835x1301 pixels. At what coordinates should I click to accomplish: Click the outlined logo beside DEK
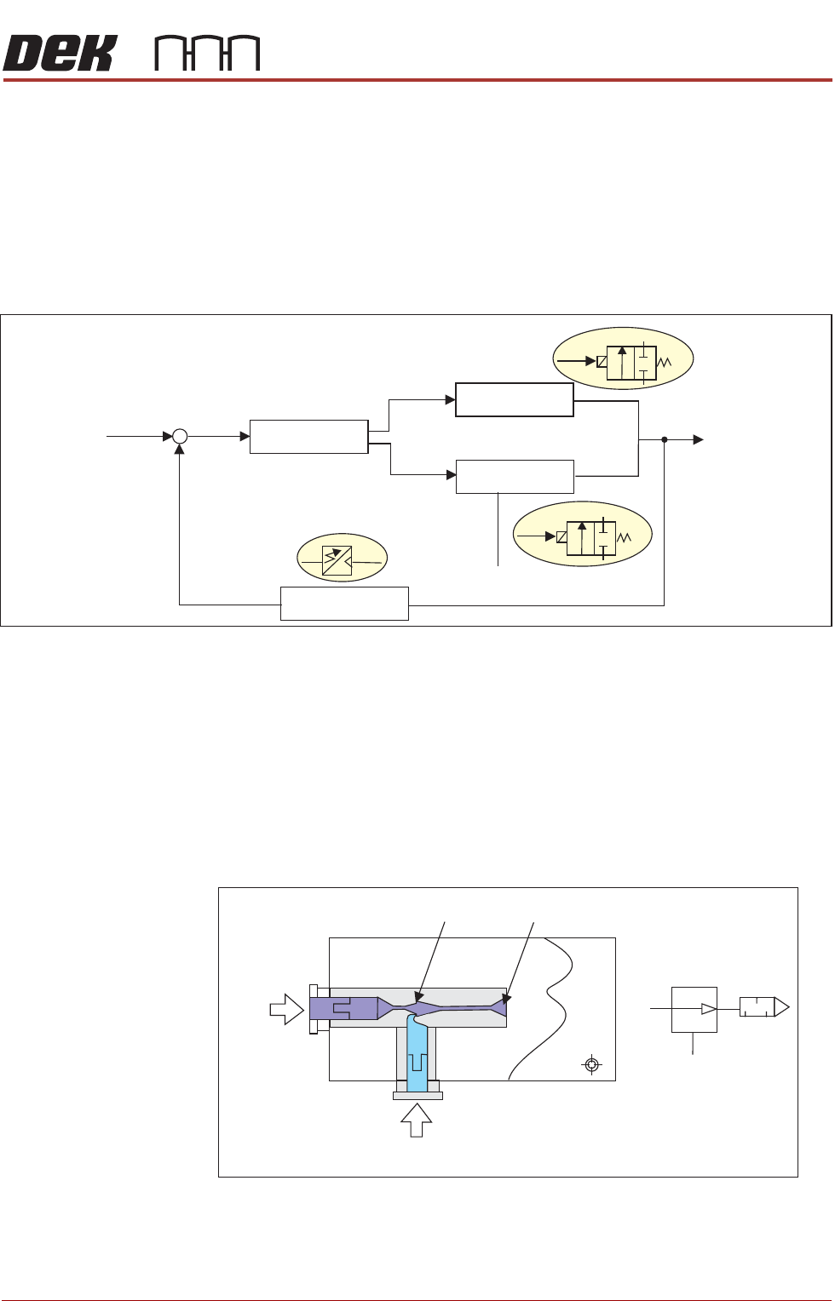tap(207, 54)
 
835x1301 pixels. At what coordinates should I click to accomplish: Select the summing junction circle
tap(180, 437)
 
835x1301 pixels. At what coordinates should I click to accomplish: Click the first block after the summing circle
tap(308, 437)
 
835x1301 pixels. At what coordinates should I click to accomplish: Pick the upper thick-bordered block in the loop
tap(514, 399)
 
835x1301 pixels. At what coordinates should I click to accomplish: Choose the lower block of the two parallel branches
tap(515, 477)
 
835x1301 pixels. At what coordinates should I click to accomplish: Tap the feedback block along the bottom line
tap(344, 604)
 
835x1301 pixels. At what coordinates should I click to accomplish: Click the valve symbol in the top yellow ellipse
tap(631, 362)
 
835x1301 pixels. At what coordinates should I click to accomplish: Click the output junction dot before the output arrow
tap(665, 439)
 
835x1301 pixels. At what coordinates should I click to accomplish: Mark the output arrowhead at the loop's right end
tap(698, 439)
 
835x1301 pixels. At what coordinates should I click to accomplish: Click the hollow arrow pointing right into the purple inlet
tap(286, 1010)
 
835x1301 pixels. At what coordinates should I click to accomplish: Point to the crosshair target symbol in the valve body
tap(592, 1064)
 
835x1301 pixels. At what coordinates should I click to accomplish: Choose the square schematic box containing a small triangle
tap(694, 1009)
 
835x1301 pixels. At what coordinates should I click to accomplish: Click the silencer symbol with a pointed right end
tap(764, 1008)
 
